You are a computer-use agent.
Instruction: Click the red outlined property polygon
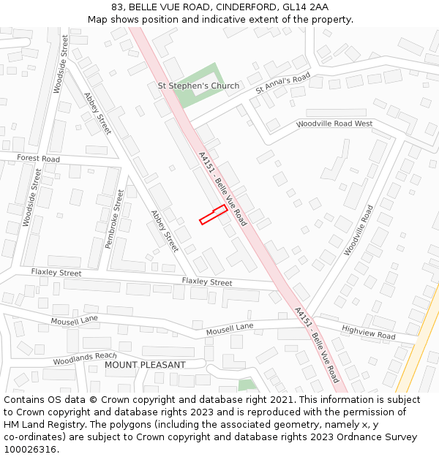(213, 214)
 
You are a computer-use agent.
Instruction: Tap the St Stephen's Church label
(198, 86)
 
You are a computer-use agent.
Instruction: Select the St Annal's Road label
(283, 83)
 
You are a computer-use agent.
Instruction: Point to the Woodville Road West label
(334, 124)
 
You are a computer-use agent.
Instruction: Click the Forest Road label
(39, 159)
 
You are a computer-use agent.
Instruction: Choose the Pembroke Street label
(115, 219)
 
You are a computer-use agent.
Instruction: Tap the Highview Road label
(368, 333)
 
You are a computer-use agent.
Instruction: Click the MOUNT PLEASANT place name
(145, 364)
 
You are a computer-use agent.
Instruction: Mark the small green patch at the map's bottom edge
(247, 385)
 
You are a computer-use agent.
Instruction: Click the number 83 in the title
(117, 7)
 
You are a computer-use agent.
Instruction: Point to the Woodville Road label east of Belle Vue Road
(359, 230)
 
